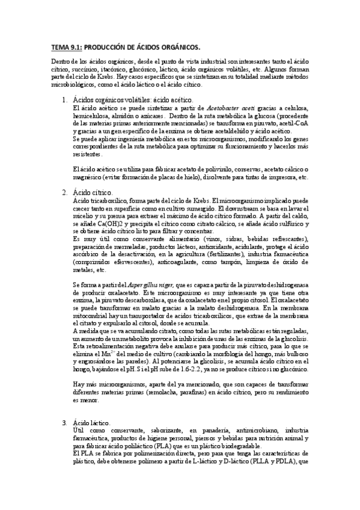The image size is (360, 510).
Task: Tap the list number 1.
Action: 64,100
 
